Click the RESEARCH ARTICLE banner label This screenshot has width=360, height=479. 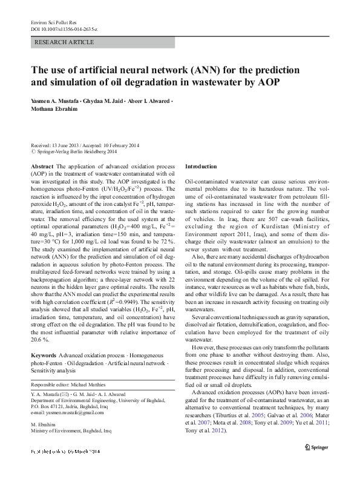tap(65, 42)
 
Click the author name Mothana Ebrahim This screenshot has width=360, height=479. tap(56, 110)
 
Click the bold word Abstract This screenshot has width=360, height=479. tap(42, 166)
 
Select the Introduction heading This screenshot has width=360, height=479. tap(200, 166)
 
